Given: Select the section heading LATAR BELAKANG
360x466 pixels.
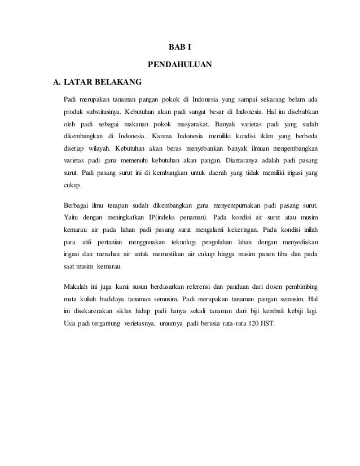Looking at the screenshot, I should (x=102, y=84).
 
